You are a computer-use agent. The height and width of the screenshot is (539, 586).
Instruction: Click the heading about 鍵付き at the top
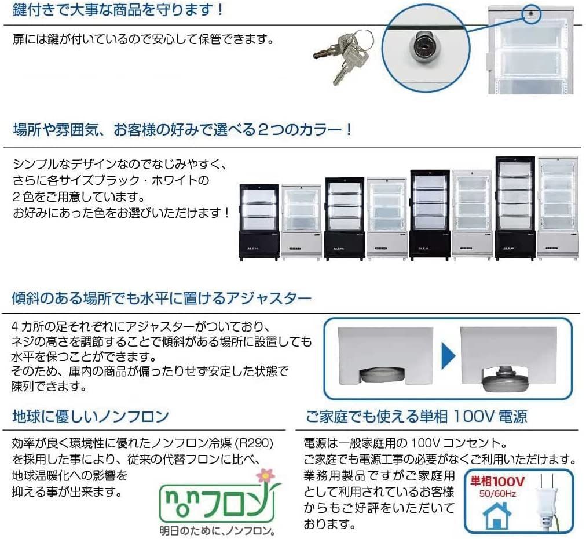[118, 10]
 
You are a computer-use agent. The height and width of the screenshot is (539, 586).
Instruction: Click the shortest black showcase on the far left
[259, 221]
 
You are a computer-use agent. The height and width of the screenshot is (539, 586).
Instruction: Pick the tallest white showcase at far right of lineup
[558, 207]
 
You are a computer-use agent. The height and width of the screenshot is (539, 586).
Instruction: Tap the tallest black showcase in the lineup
[515, 207]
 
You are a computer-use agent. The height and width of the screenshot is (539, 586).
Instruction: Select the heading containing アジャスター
[162, 298]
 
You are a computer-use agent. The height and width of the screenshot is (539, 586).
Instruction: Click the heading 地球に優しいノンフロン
[90, 416]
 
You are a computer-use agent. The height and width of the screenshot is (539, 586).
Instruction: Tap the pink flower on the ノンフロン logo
[265, 475]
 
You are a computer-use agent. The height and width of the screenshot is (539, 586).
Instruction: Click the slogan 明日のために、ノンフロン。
[217, 530]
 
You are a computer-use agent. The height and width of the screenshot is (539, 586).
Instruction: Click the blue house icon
[497, 516]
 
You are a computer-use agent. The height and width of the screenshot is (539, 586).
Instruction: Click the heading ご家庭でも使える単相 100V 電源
[416, 416]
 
